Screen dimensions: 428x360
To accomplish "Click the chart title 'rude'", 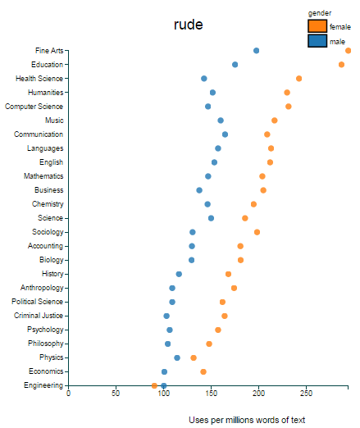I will click(x=188, y=25).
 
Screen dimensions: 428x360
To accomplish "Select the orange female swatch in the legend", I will click(x=317, y=26).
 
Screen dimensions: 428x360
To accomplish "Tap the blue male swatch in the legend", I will click(x=317, y=41).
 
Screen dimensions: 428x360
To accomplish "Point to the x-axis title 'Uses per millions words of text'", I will click(x=246, y=420).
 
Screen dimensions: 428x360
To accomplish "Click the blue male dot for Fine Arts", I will click(x=257, y=51).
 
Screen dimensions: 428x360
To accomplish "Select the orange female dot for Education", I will click(x=341, y=65).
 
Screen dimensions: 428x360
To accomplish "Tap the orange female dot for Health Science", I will click(x=299, y=79).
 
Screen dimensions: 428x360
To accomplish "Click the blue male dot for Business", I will click(x=199, y=190).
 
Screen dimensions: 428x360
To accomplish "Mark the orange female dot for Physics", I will click(x=194, y=357).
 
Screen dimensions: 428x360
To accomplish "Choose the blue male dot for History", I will click(x=179, y=274).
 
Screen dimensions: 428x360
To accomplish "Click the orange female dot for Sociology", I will click(x=257, y=232).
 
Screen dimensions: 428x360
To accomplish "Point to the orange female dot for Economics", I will click(x=203, y=371).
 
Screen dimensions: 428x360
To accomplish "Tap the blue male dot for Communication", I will click(x=226, y=134).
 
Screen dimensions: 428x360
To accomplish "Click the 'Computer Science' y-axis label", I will click(x=34, y=107).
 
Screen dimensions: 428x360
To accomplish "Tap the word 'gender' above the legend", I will click(x=320, y=13).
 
